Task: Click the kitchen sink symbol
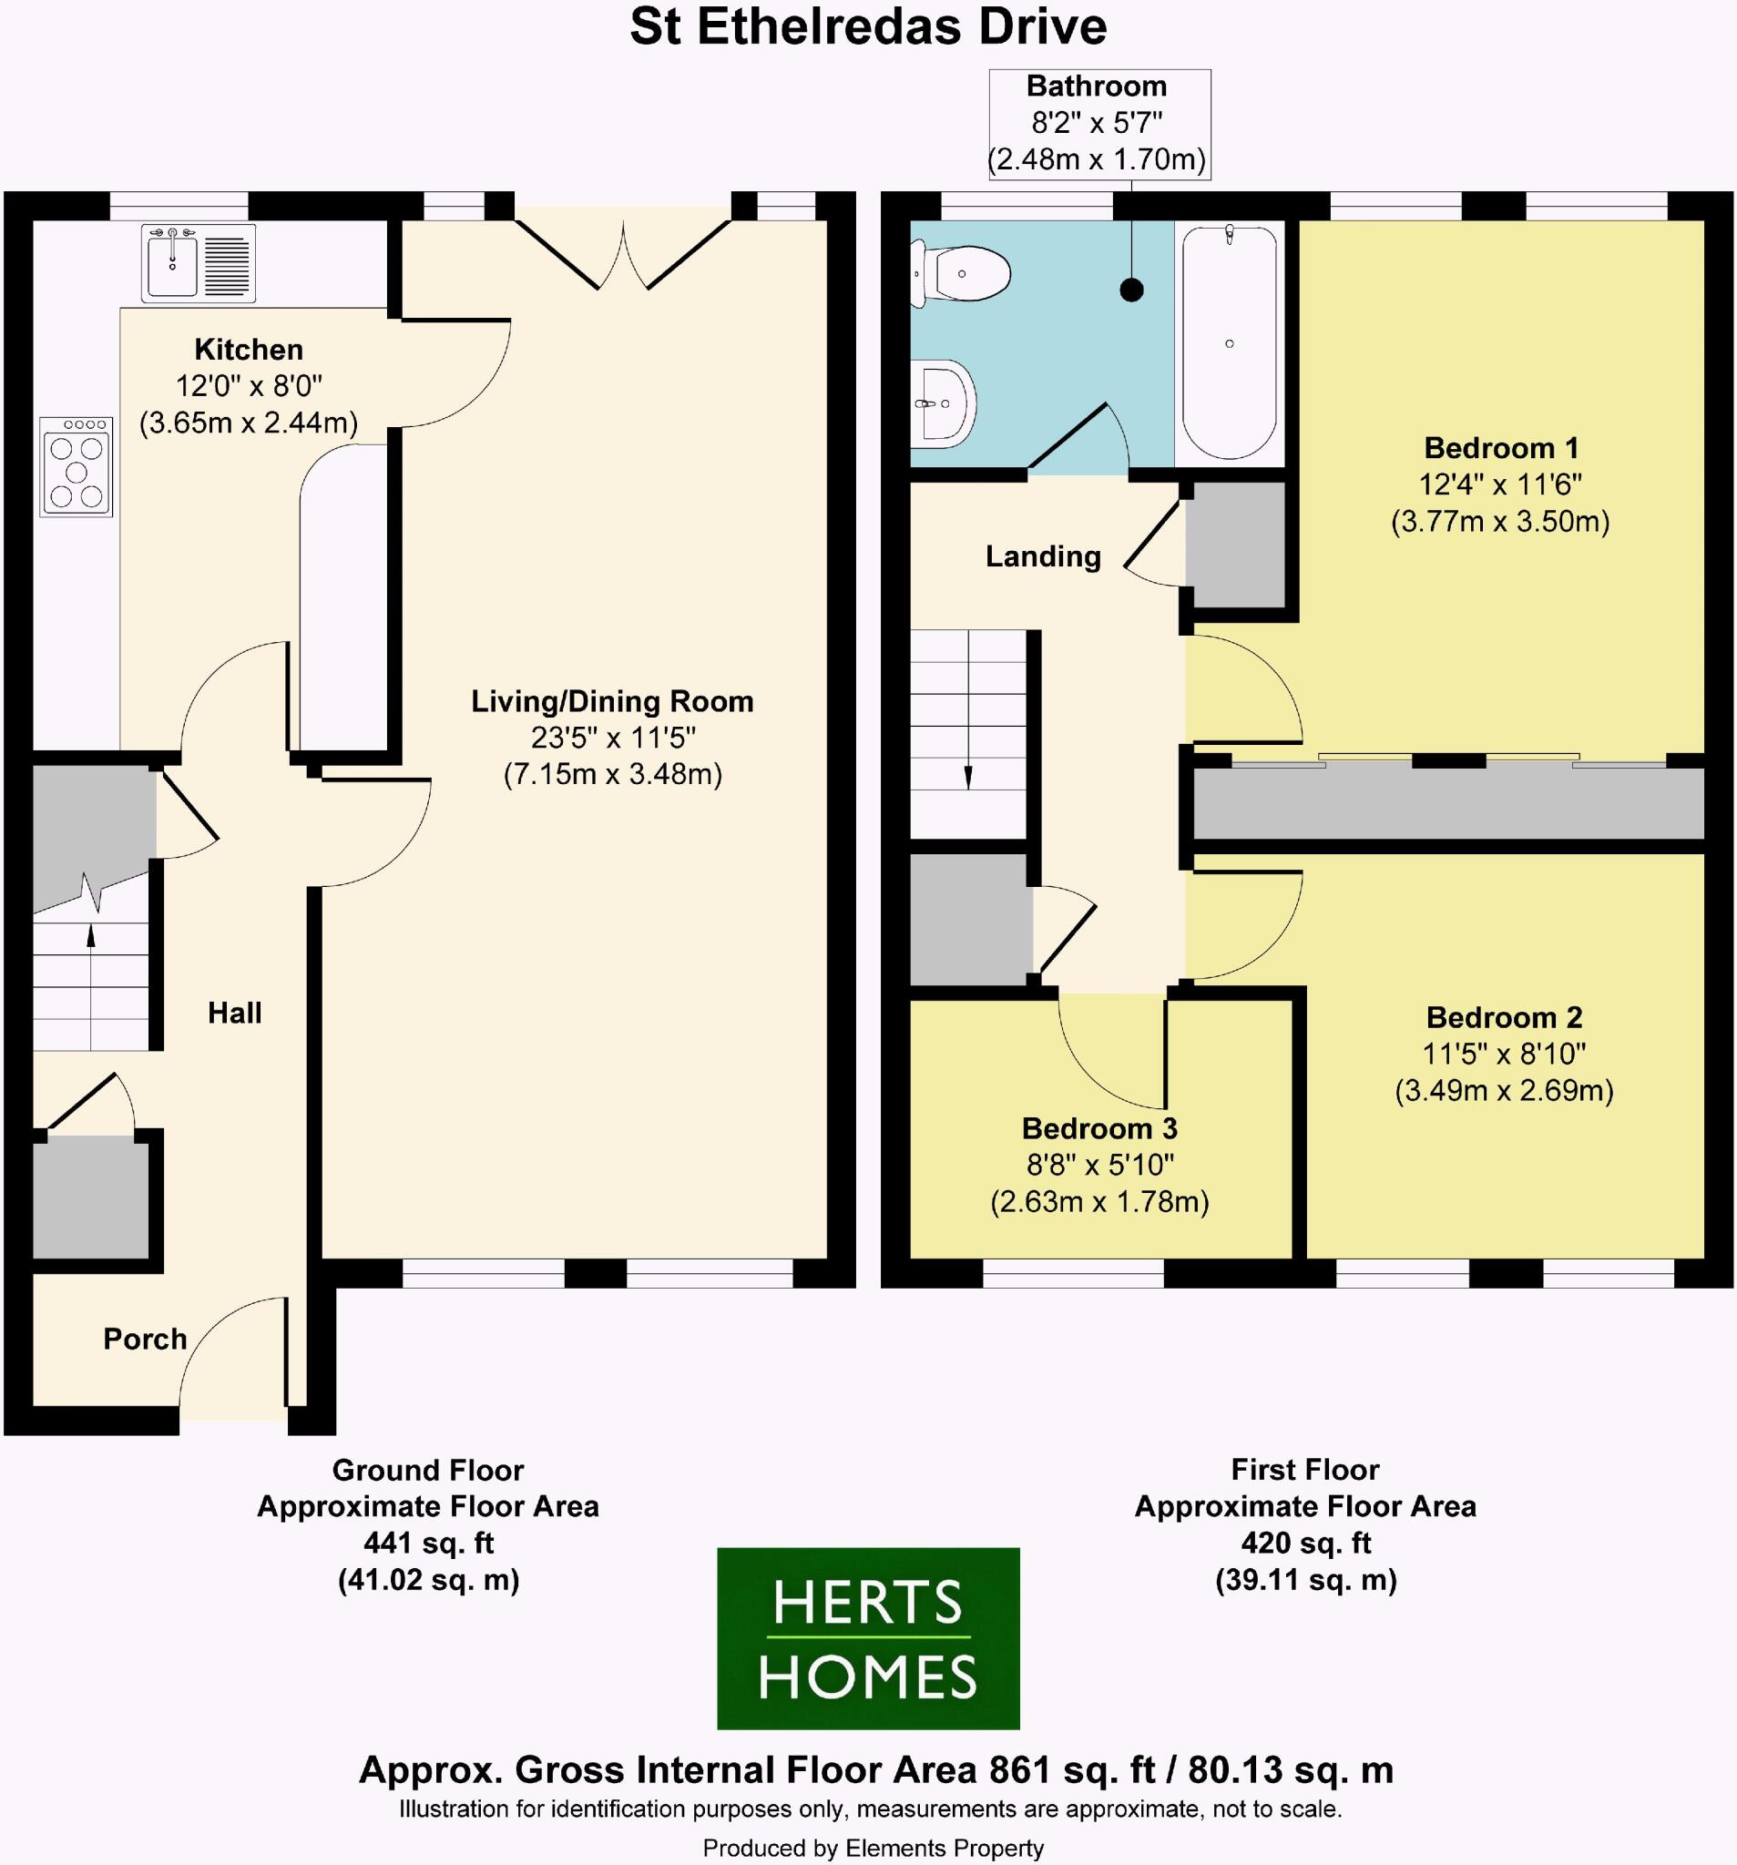coord(198,262)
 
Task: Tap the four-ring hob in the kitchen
coord(76,467)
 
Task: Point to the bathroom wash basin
coord(945,404)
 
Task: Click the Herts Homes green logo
coord(868,1638)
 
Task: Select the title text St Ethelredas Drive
coord(868,28)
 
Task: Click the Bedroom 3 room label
coord(1098,1127)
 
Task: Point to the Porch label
coord(145,1339)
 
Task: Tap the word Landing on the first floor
coord(1043,556)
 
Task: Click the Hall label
coord(235,1013)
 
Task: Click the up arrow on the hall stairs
coord(91,936)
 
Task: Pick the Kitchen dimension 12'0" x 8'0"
coord(249,385)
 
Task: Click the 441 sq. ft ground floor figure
coord(428,1544)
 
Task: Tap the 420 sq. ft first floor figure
coord(1305,1543)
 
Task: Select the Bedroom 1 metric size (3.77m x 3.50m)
coord(1499,521)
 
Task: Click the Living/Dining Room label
coord(612,701)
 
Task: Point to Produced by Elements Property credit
coord(873,1848)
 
